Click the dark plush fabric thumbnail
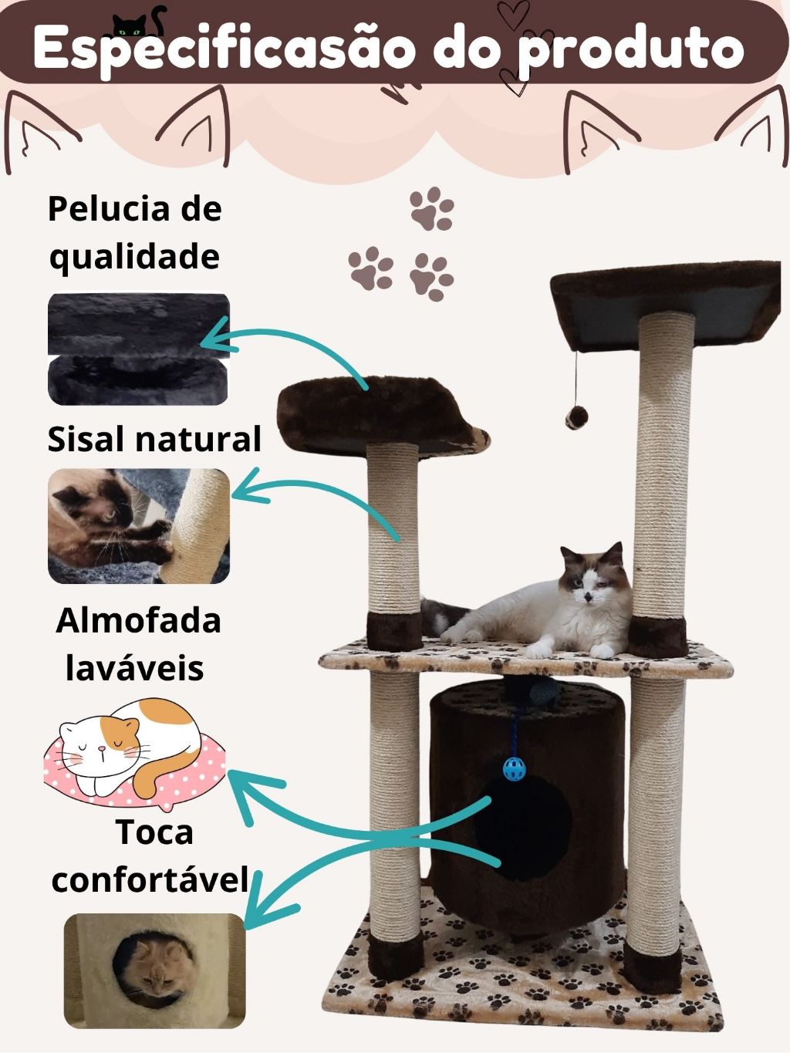click(x=139, y=349)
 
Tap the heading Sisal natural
click(x=154, y=438)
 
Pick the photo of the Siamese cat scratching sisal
click(x=139, y=526)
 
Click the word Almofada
click(x=138, y=621)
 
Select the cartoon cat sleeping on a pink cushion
click(x=134, y=754)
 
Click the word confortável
click(x=150, y=879)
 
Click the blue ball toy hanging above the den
click(x=515, y=768)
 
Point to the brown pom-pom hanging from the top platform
click(x=576, y=417)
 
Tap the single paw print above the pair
click(x=432, y=209)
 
